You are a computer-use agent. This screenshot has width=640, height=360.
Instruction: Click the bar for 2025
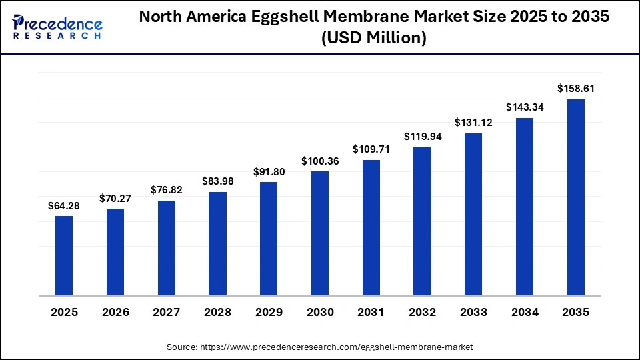click(64, 255)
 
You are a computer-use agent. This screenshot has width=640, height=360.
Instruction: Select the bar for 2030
click(320, 233)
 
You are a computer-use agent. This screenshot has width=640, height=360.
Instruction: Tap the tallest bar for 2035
click(575, 197)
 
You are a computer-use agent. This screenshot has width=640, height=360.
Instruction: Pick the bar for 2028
click(217, 243)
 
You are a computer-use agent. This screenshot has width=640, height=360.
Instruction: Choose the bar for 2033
click(473, 214)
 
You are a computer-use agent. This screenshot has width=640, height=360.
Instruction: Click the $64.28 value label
click(64, 206)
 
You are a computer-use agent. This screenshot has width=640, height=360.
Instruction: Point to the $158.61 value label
click(575, 89)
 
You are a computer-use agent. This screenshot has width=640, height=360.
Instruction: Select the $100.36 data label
click(320, 161)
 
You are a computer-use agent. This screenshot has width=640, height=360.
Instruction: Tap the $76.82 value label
click(166, 190)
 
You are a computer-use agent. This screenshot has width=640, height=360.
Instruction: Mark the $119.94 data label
click(422, 136)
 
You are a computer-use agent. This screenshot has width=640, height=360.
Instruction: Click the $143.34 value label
click(525, 107)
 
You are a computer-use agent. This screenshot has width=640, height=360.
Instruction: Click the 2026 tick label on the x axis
click(115, 312)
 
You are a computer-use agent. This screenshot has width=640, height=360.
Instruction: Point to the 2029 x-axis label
click(269, 312)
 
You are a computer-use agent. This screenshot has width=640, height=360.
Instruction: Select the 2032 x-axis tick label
click(422, 312)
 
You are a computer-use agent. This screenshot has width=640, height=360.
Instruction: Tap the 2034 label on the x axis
click(525, 312)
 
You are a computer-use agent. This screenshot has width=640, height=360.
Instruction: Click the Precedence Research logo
click(57, 26)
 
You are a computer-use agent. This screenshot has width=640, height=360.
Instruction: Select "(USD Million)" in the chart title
click(373, 39)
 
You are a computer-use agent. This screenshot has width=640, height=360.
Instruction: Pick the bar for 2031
click(371, 227)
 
